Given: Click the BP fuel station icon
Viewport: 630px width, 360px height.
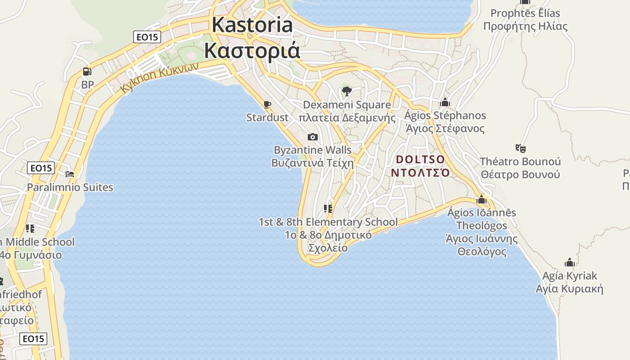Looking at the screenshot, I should [87, 72].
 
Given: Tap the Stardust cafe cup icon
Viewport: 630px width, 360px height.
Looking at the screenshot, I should [267, 105].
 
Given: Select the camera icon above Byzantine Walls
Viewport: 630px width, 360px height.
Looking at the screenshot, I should [312, 137].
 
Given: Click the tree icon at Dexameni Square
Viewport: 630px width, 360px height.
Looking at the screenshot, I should [346, 92].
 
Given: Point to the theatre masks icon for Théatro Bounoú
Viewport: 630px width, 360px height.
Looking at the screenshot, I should [520, 148].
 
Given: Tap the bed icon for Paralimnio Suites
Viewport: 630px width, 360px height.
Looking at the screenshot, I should [70, 174].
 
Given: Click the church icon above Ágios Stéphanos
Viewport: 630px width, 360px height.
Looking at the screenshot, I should [445, 103].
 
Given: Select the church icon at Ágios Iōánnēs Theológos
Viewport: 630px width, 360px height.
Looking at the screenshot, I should [481, 199].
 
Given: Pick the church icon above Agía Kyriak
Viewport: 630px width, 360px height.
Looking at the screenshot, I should [569, 262].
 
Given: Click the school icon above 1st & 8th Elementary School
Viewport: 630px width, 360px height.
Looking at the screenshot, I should [328, 209].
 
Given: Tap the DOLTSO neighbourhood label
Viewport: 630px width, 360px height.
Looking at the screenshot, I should [420, 160].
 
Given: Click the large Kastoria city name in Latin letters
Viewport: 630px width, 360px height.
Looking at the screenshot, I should [252, 25].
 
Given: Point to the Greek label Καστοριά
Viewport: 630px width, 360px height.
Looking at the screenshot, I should [252, 50].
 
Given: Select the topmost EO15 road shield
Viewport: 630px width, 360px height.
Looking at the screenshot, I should [147, 37].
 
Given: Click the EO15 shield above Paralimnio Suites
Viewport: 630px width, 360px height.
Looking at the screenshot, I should [41, 168].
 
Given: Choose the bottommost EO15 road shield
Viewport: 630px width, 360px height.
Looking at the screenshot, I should [34, 338].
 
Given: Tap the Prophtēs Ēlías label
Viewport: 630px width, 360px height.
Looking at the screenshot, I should [525, 13].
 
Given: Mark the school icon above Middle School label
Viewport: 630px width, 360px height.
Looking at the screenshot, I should [30, 229].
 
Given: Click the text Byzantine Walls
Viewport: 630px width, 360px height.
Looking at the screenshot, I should [313, 150].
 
